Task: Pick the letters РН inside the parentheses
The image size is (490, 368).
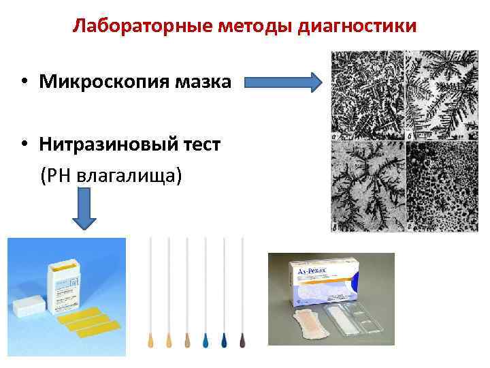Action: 60,175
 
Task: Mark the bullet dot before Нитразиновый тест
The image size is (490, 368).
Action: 24,145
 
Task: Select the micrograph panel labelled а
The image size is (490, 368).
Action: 367,95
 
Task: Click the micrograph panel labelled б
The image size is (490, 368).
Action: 442,95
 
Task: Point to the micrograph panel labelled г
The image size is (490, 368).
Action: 442,185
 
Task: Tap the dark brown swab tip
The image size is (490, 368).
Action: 242,339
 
